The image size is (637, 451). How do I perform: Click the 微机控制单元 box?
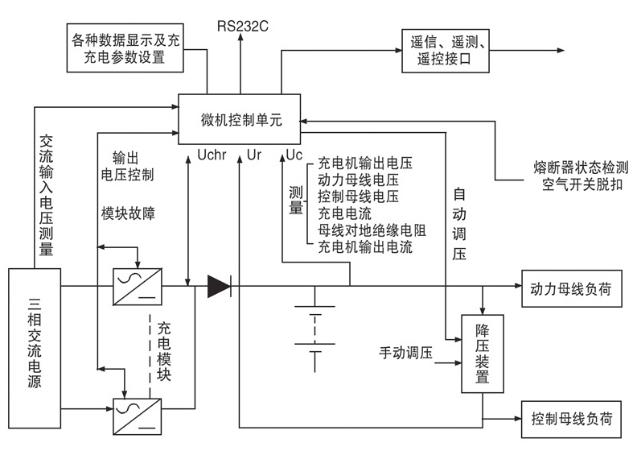coord(239,119)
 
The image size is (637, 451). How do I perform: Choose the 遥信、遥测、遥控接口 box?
coord(445,50)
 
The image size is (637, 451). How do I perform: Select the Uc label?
coord(294,153)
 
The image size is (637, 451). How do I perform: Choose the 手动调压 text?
coord(405,353)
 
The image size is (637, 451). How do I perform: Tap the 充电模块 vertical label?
coord(164,352)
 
